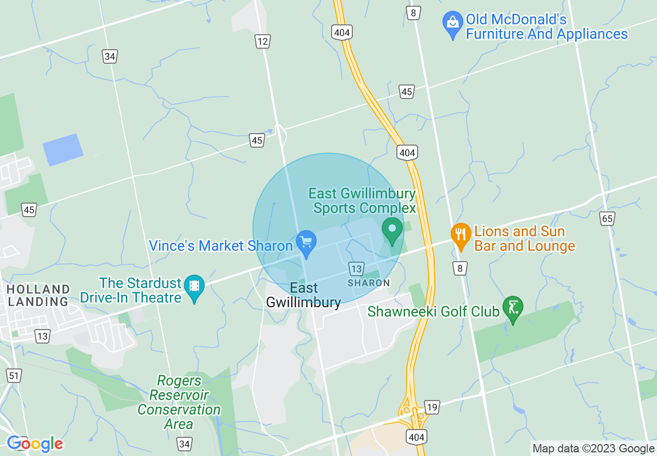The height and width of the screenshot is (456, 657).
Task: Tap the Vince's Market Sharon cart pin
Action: click(x=306, y=243)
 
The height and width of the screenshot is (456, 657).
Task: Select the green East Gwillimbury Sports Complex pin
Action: click(x=392, y=230)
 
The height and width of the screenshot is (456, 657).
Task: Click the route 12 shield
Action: click(x=263, y=41)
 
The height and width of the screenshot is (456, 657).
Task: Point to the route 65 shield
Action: click(x=607, y=219)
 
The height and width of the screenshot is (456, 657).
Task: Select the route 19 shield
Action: click(x=432, y=407)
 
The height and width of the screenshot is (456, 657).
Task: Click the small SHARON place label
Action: click(x=369, y=283)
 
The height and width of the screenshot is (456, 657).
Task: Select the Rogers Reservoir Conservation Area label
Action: click(x=179, y=402)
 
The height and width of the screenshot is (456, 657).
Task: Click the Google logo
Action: click(x=35, y=444)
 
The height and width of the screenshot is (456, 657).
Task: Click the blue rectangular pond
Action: click(x=63, y=150)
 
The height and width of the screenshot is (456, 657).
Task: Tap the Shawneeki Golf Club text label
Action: click(x=433, y=311)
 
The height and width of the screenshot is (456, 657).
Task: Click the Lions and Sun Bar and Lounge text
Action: click(x=524, y=238)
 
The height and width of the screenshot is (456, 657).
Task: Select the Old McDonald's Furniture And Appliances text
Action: click(x=547, y=27)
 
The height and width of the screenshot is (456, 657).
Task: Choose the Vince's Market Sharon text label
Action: click(x=221, y=246)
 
